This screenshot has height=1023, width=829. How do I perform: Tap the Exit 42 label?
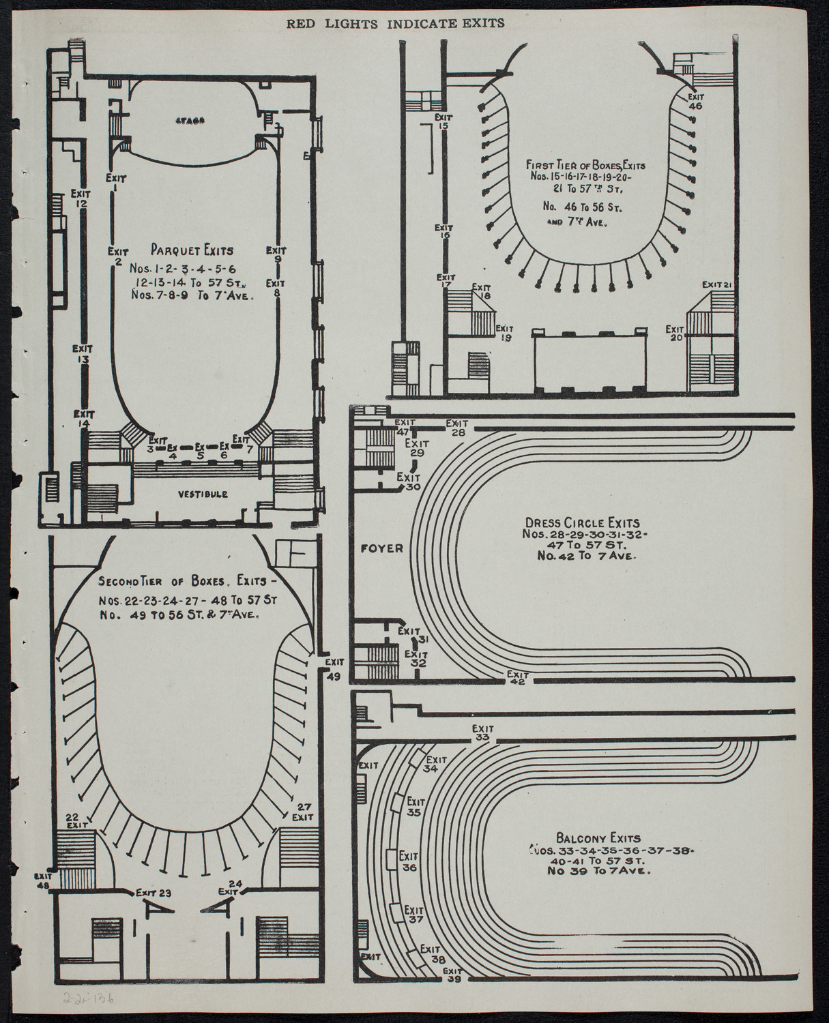(x=517, y=677)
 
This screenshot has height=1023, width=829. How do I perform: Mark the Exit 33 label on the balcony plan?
(x=482, y=733)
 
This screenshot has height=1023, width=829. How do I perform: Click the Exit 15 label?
(x=444, y=121)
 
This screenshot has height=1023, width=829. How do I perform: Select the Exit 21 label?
(x=718, y=284)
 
